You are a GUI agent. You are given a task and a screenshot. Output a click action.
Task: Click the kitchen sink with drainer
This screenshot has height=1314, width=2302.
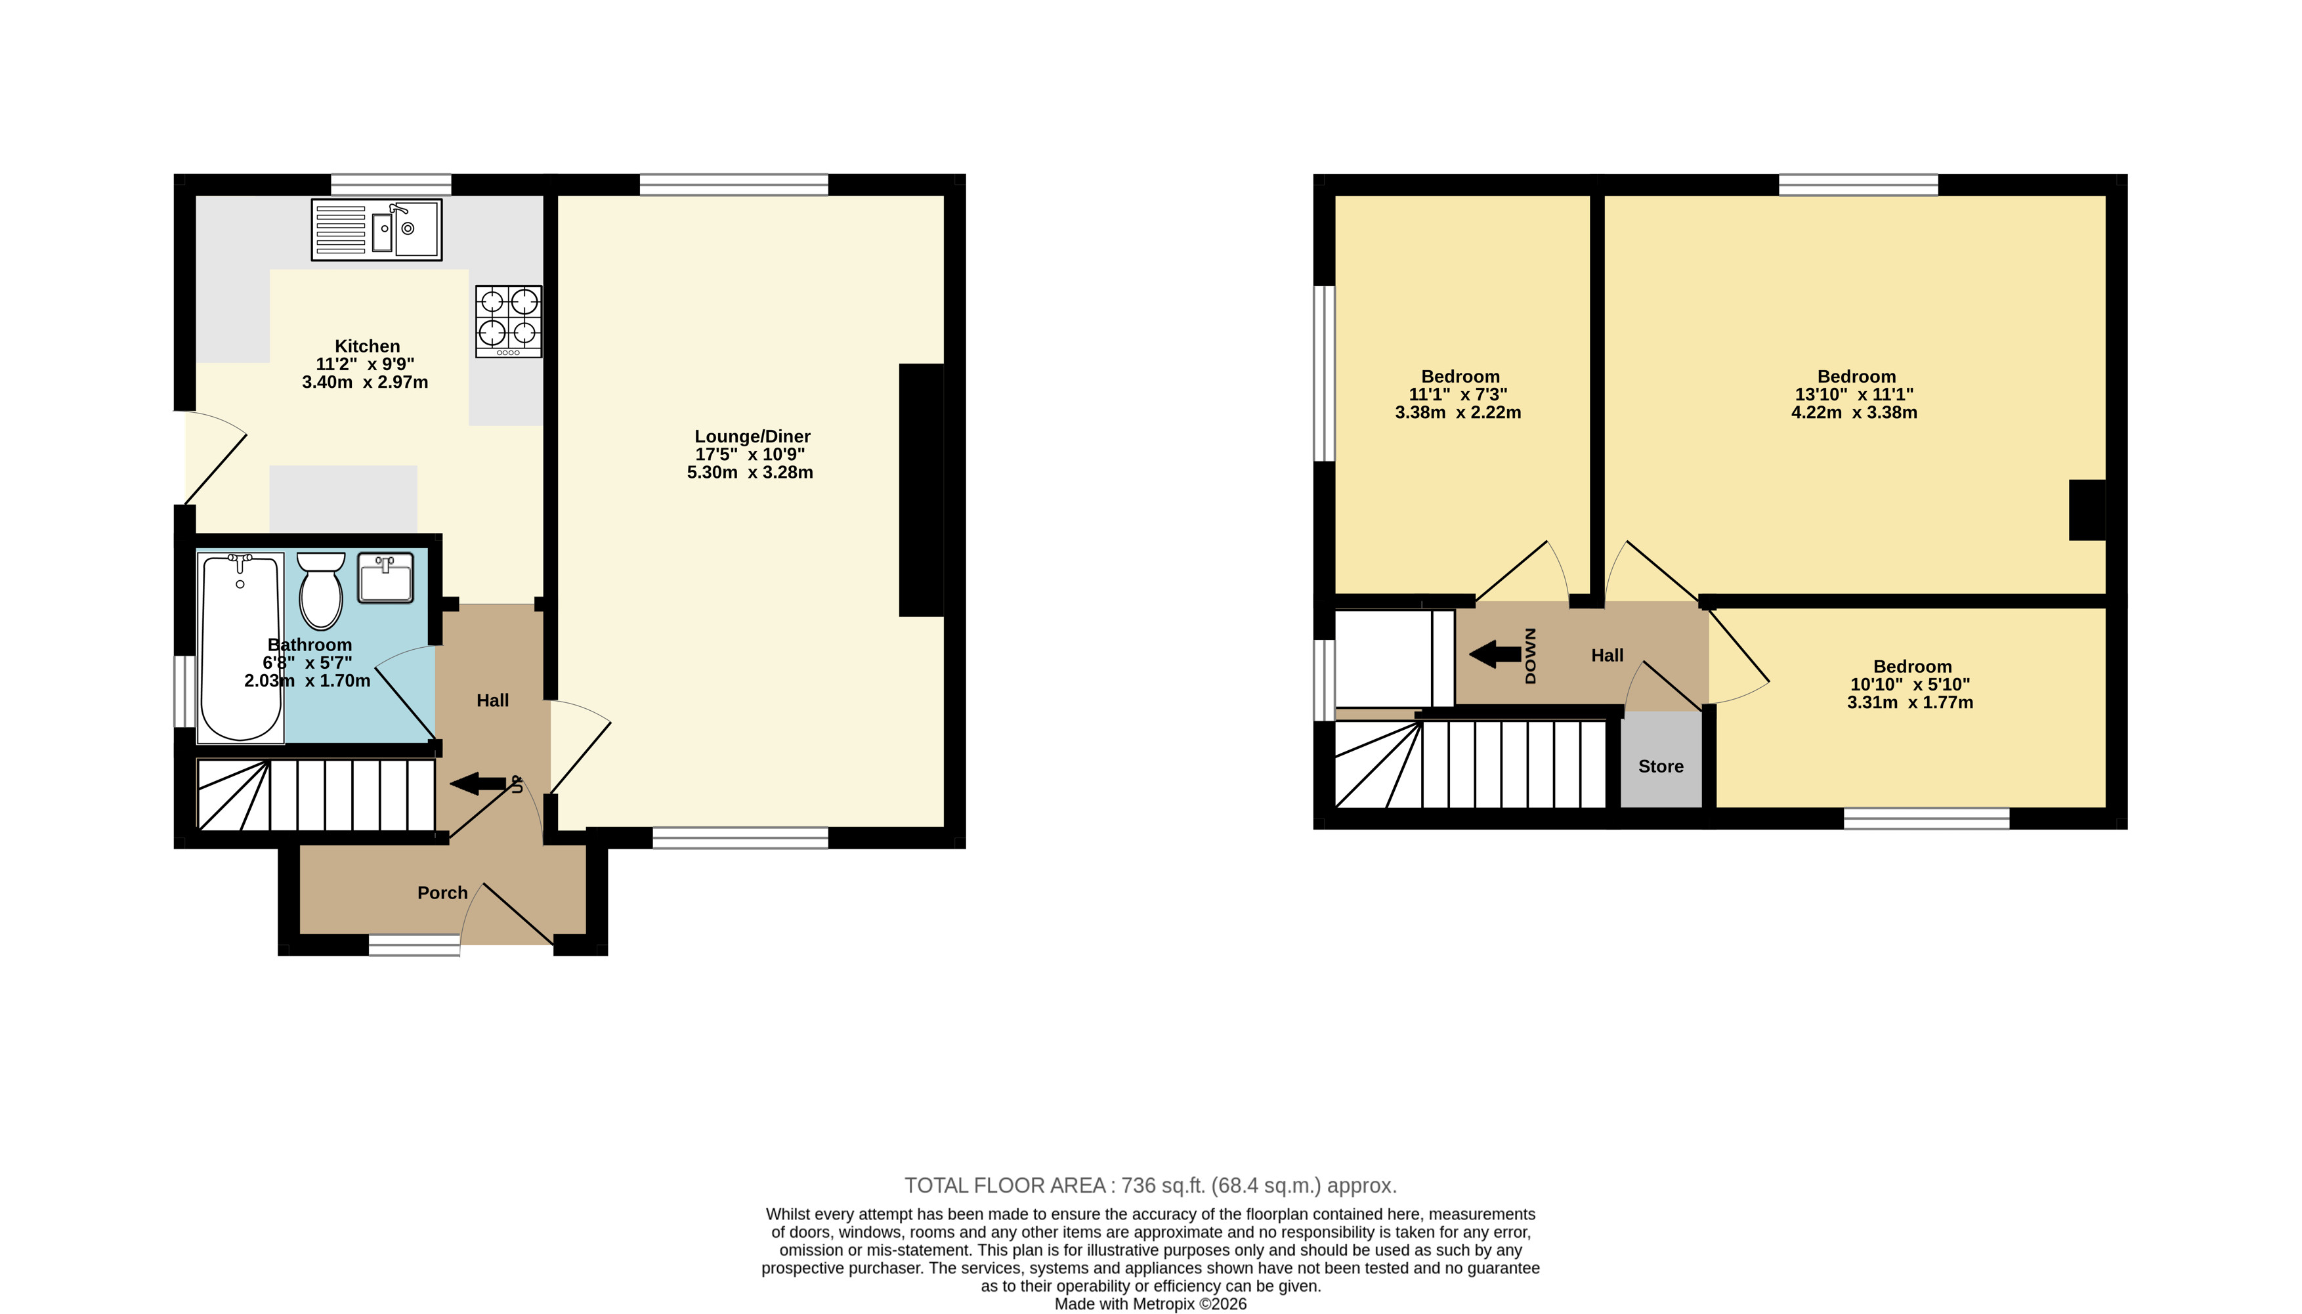(376, 229)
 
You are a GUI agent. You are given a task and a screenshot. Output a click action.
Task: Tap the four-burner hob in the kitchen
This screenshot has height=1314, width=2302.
(509, 322)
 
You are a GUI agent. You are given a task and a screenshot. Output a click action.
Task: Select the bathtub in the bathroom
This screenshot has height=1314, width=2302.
(241, 648)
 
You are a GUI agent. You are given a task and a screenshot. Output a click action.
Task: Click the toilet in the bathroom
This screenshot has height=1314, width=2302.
(321, 590)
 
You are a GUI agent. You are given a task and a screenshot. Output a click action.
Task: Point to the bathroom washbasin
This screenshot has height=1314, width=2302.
(385, 577)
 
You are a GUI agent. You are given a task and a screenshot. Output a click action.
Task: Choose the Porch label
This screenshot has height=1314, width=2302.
(442, 893)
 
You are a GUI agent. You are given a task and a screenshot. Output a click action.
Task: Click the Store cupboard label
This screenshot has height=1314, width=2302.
(1661, 766)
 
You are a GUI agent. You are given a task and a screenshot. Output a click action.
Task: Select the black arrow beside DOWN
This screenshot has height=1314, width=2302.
(1495, 654)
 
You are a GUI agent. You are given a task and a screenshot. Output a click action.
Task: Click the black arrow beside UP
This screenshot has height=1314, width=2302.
(477, 784)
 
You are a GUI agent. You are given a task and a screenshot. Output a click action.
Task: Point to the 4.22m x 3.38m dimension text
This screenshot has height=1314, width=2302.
(1854, 412)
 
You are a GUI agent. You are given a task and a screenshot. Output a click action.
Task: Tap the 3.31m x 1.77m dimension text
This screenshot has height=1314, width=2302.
(1910, 702)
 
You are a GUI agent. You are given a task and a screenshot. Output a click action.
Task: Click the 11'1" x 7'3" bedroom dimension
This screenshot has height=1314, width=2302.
(1459, 394)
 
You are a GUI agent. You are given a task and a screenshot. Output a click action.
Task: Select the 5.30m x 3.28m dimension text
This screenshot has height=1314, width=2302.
(750, 472)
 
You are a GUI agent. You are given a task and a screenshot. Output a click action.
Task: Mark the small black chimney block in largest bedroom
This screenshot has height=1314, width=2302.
(2087, 510)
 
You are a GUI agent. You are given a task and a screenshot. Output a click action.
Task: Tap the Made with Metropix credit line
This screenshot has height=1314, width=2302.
(1151, 1304)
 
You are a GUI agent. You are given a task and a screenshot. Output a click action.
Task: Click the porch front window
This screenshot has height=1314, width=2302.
(415, 944)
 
